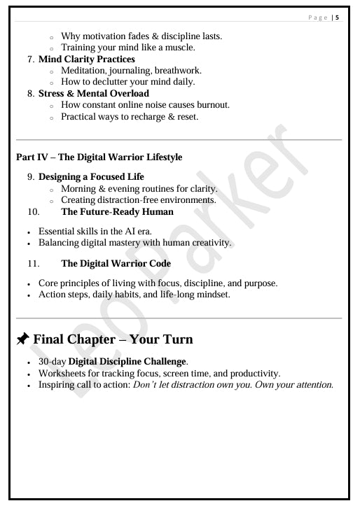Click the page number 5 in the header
338,17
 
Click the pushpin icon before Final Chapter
22,339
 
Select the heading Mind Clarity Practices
86,59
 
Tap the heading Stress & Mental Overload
93,93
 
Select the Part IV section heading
99,157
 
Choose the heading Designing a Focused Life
91,177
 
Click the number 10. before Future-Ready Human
34,211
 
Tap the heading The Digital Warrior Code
116,264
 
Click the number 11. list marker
34,264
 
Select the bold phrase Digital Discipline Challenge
127,362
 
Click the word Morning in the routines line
79,188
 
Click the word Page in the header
318,17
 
